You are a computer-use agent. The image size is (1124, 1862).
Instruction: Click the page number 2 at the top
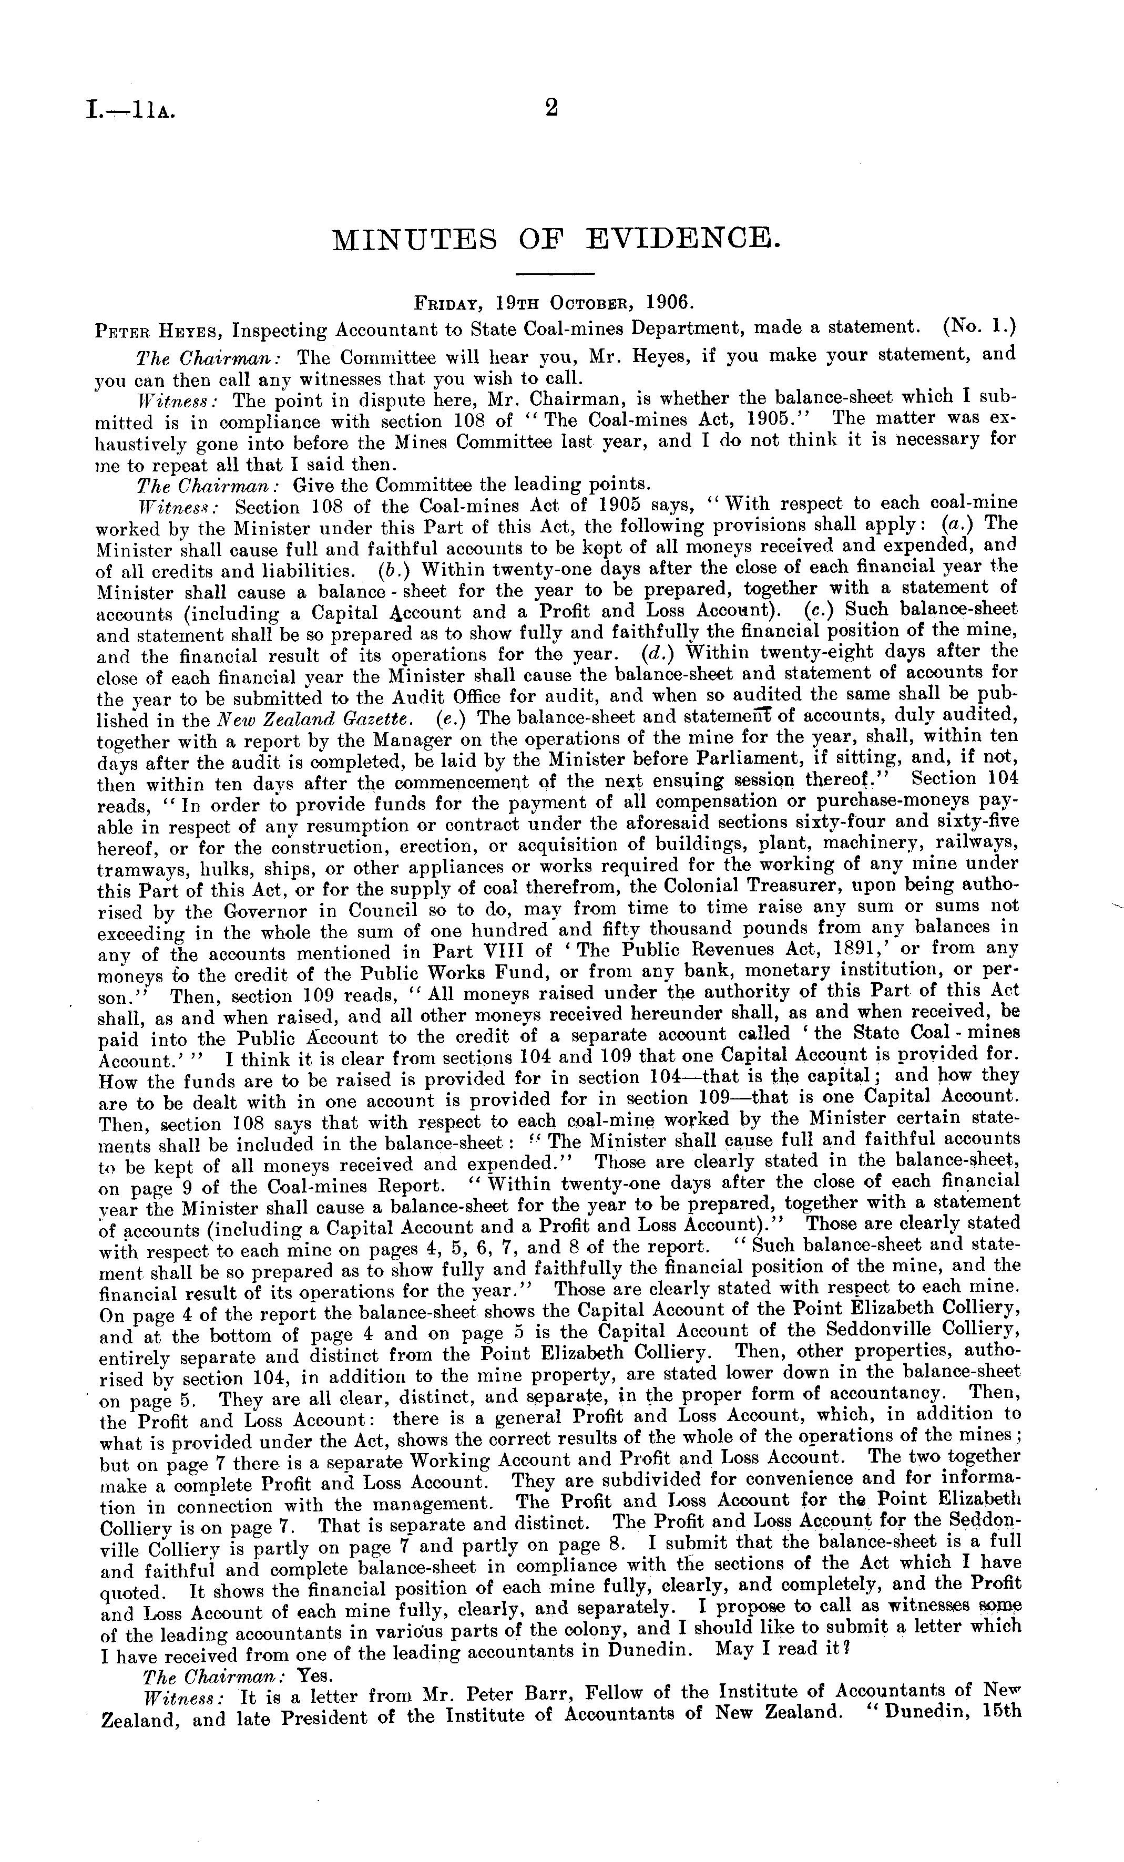551,108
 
